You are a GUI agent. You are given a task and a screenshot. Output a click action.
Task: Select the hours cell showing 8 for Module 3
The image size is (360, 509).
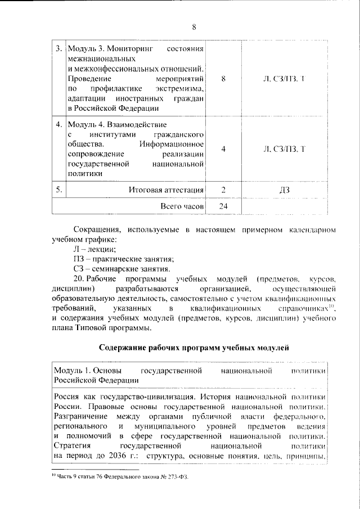point(224,79)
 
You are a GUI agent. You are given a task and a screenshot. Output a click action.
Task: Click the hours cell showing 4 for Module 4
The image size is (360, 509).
point(224,149)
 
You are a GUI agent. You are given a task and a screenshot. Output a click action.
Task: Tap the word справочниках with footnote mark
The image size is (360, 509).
point(307,309)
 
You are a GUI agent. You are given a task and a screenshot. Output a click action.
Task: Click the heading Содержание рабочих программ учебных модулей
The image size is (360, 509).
point(193,348)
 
